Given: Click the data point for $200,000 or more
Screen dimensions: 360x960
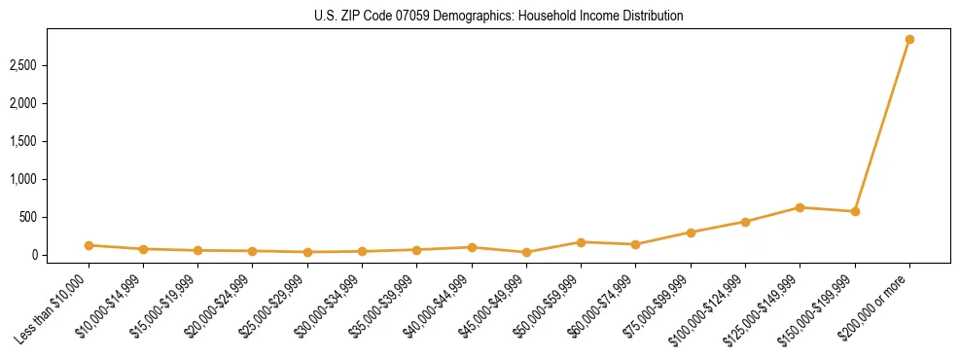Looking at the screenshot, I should click(909, 40).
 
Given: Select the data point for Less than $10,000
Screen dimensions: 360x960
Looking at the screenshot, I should click(89, 245).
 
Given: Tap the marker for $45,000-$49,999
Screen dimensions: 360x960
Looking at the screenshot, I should click(526, 252).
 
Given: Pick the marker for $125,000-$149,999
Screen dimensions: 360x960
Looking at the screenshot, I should click(800, 207).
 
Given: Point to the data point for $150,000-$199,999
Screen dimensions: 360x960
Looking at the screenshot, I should click(855, 211).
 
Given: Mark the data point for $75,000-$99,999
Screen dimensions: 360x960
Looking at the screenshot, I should click(691, 233).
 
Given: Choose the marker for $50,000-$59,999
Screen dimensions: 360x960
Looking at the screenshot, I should click(581, 242).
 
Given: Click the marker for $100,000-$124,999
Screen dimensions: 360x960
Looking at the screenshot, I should click(745, 222).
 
